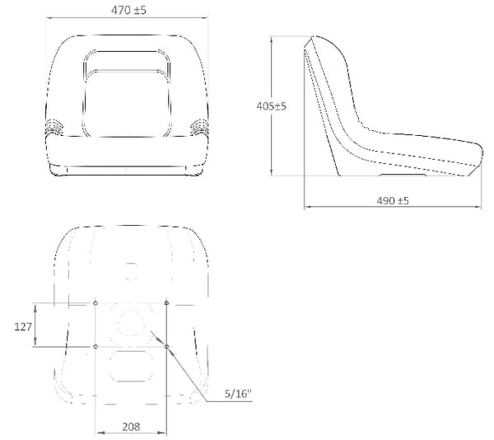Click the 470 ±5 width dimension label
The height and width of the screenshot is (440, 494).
pos(128,10)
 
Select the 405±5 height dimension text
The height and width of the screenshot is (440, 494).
pos(271,106)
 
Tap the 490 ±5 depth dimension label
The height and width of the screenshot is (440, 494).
pos(393,200)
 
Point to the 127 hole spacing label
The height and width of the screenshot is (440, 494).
pos(23,327)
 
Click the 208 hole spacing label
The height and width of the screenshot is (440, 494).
pos(131,427)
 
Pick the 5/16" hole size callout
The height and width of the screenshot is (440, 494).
pos(239,394)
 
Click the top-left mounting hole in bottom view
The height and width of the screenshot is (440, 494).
pos(96,303)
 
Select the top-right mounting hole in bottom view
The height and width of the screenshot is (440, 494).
pos(166,303)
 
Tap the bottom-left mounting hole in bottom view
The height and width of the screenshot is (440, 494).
pos(96,347)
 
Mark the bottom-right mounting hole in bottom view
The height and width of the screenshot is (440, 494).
pos(166,347)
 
